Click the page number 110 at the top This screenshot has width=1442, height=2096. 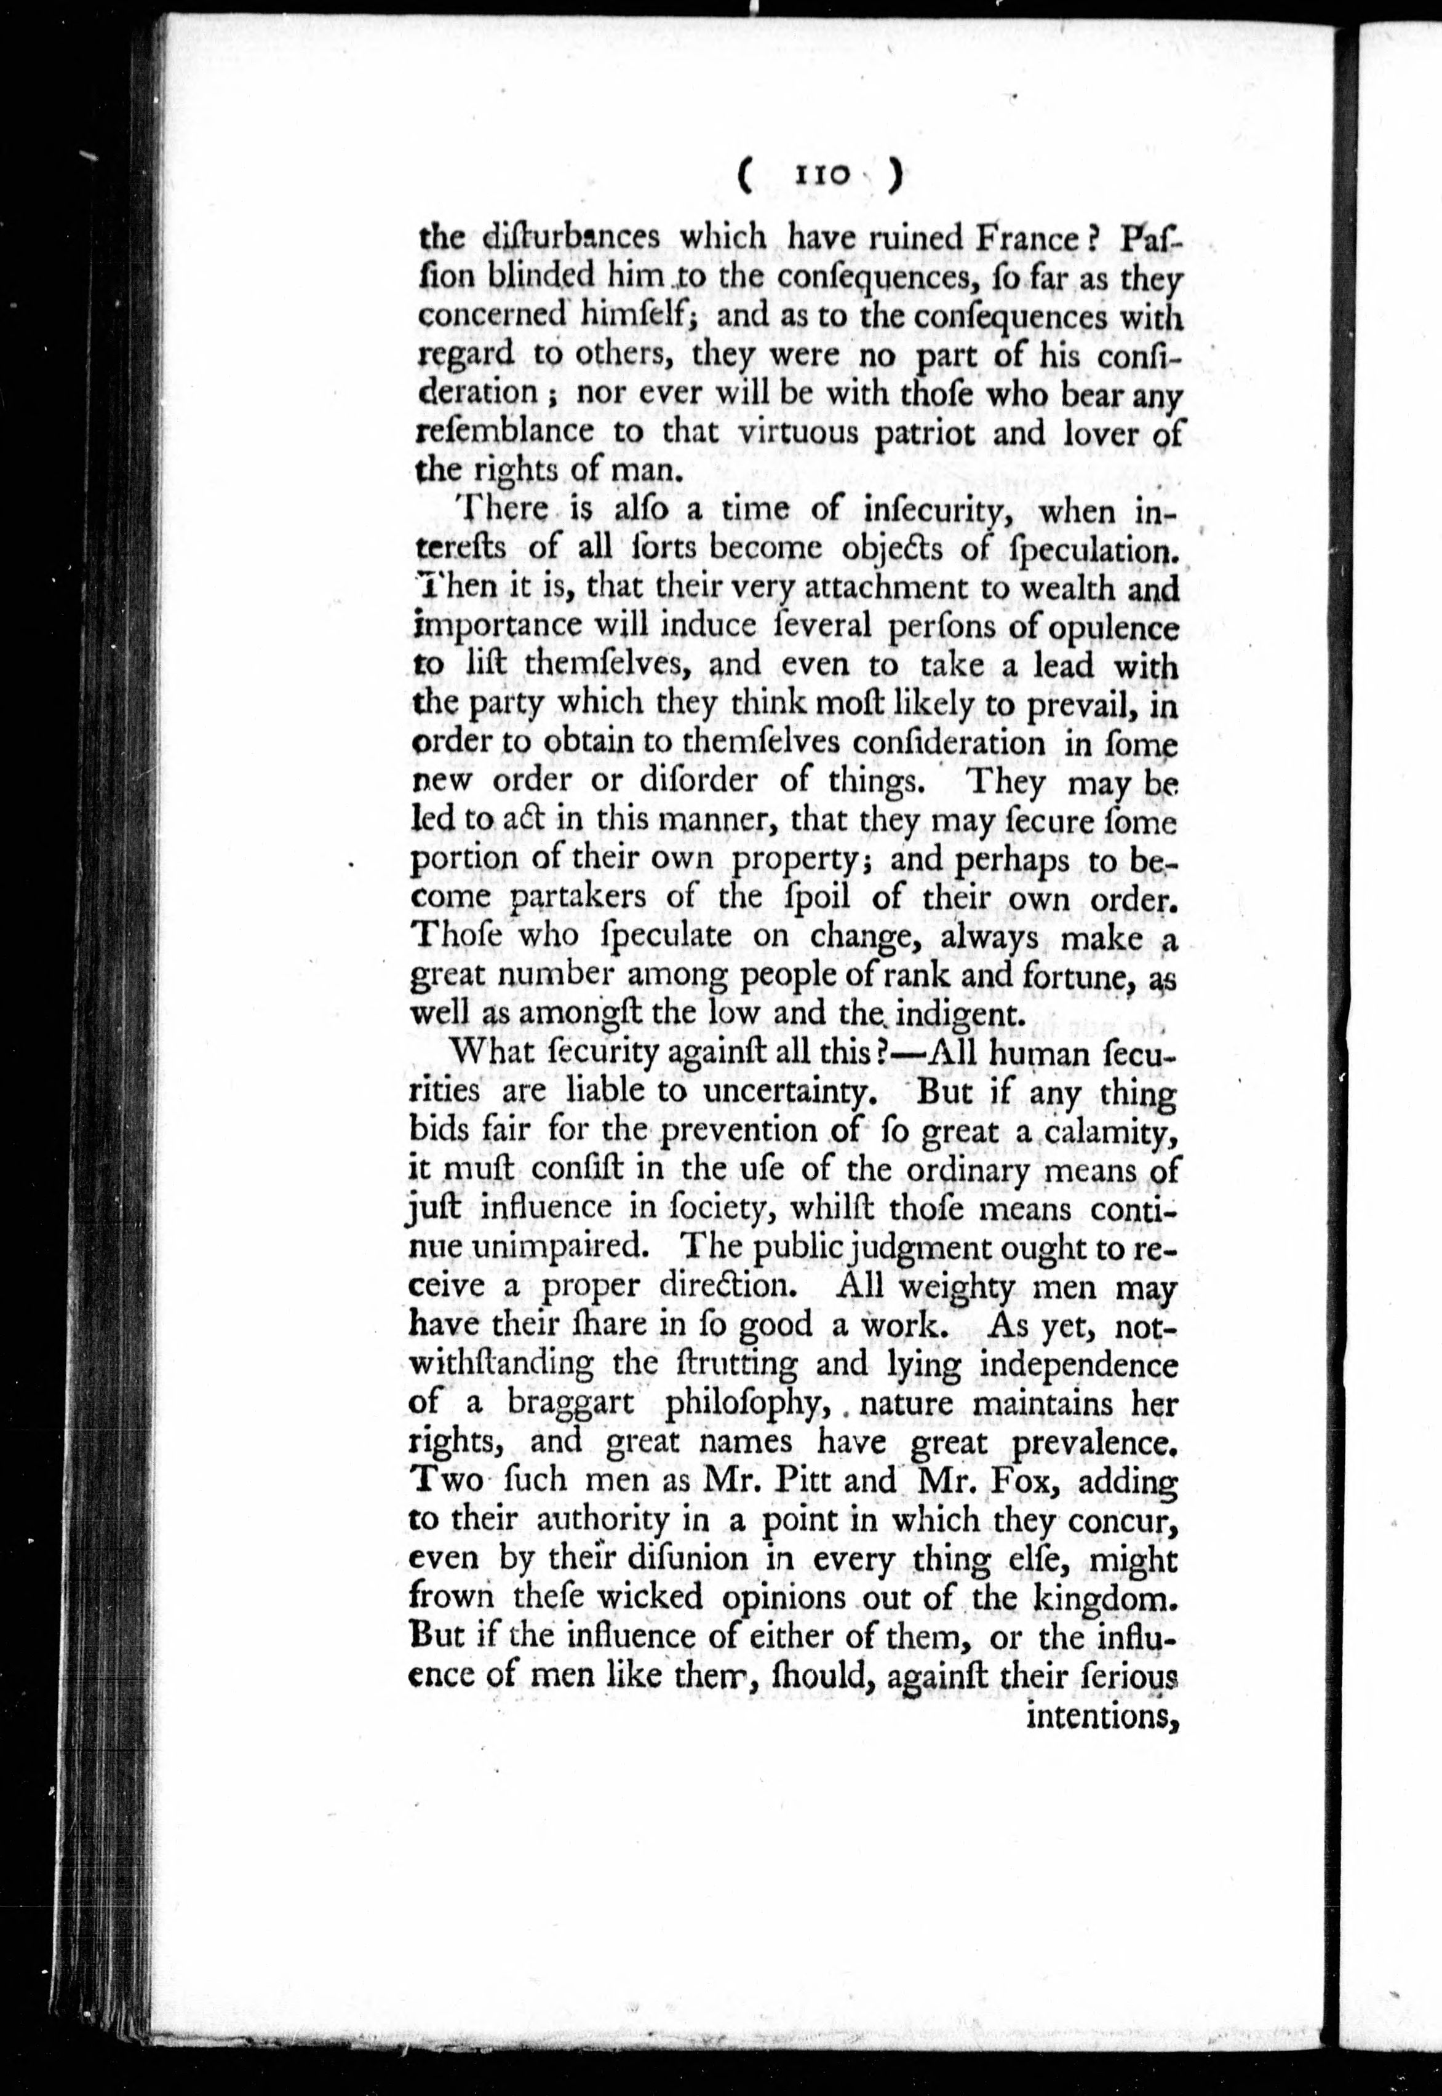[821, 176]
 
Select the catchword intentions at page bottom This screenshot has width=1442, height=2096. [1103, 1715]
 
